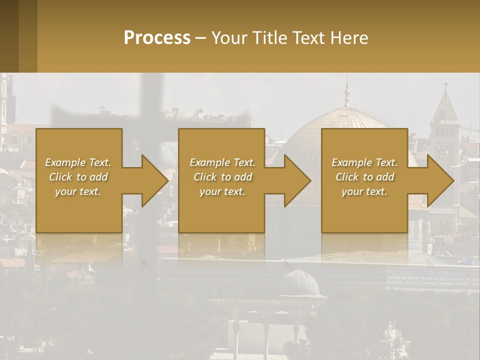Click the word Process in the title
(157, 37)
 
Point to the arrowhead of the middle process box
(297, 180)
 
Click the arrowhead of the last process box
(440, 180)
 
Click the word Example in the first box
(65, 162)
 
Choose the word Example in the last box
(351, 162)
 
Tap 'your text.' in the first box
(78, 191)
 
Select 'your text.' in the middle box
(222, 191)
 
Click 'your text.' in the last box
(364, 191)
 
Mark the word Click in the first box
(60, 177)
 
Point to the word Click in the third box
(347, 177)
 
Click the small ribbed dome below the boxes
(299, 283)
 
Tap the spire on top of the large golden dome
(346, 92)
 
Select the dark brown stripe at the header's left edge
(9, 36)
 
